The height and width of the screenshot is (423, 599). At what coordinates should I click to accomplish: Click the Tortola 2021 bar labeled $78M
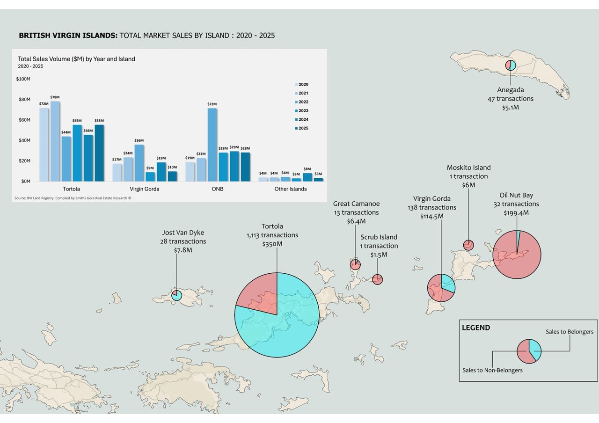coord(55,141)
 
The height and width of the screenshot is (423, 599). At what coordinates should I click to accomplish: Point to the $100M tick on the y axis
coord(23,79)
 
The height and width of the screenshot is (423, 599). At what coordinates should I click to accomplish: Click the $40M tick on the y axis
coord(24,140)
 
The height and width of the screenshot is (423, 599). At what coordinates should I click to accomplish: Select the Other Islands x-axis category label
coord(290,189)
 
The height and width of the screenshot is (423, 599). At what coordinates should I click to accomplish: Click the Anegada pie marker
coord(511,66)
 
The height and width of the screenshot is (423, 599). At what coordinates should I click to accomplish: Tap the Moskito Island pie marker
coord(468,245)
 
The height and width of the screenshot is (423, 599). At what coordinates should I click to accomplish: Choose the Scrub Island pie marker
coord(378,279)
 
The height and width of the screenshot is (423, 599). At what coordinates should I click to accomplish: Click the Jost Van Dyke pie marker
coord(176,295)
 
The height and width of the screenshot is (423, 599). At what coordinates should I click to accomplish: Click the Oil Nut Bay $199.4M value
coord(516,213)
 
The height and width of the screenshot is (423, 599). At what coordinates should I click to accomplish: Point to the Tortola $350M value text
coord(272,244)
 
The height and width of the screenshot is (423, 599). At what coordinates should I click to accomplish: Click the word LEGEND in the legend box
coord(476,328)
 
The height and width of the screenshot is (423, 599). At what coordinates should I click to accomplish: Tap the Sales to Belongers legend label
coord(570,332)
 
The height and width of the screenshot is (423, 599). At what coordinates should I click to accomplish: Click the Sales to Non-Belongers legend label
coord(492,370)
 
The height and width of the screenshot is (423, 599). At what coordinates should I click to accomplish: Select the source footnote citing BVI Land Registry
coord(73,198)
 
